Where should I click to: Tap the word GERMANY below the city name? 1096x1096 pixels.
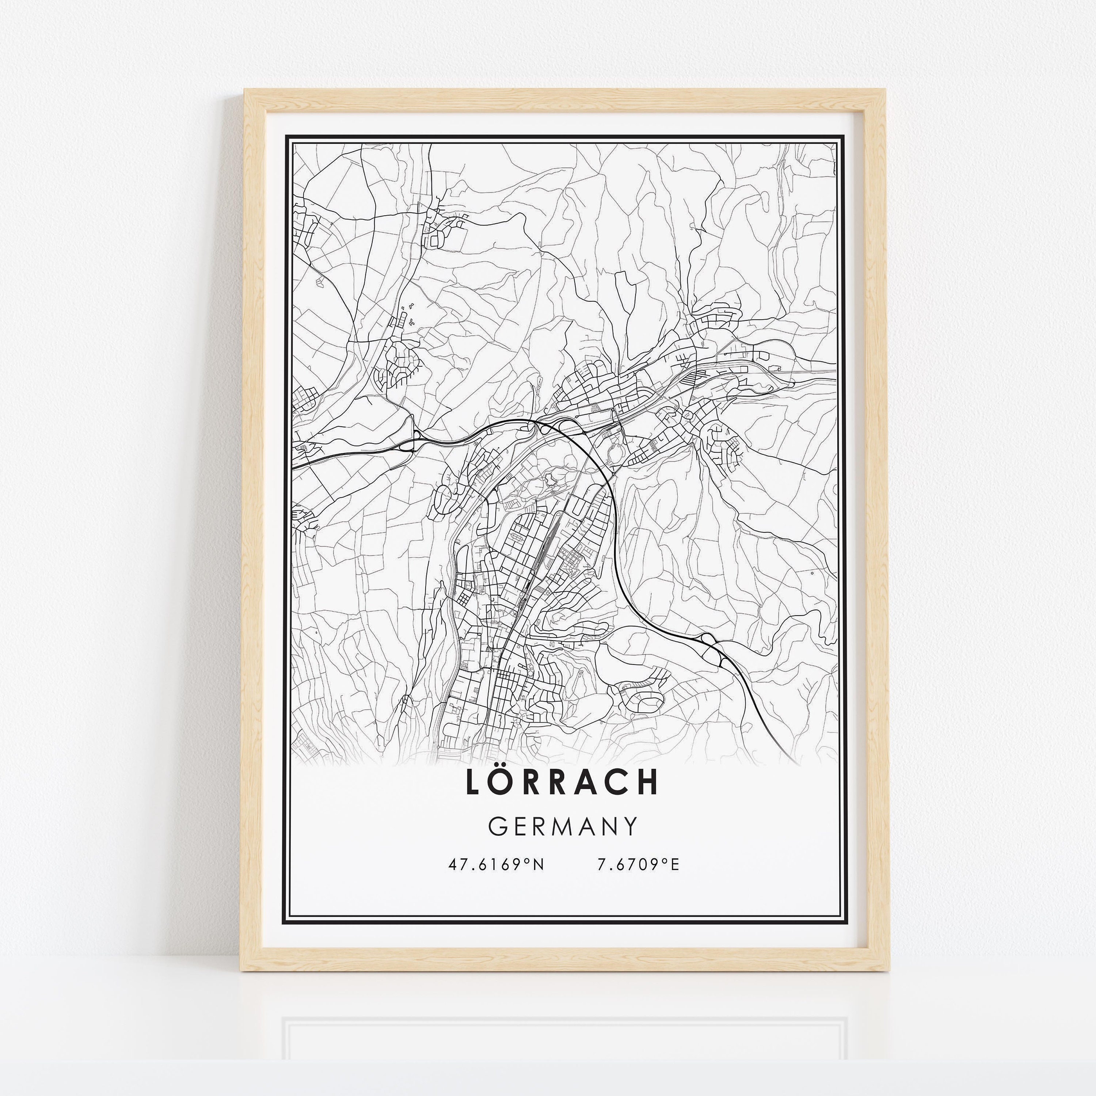[x=563, y=827]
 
